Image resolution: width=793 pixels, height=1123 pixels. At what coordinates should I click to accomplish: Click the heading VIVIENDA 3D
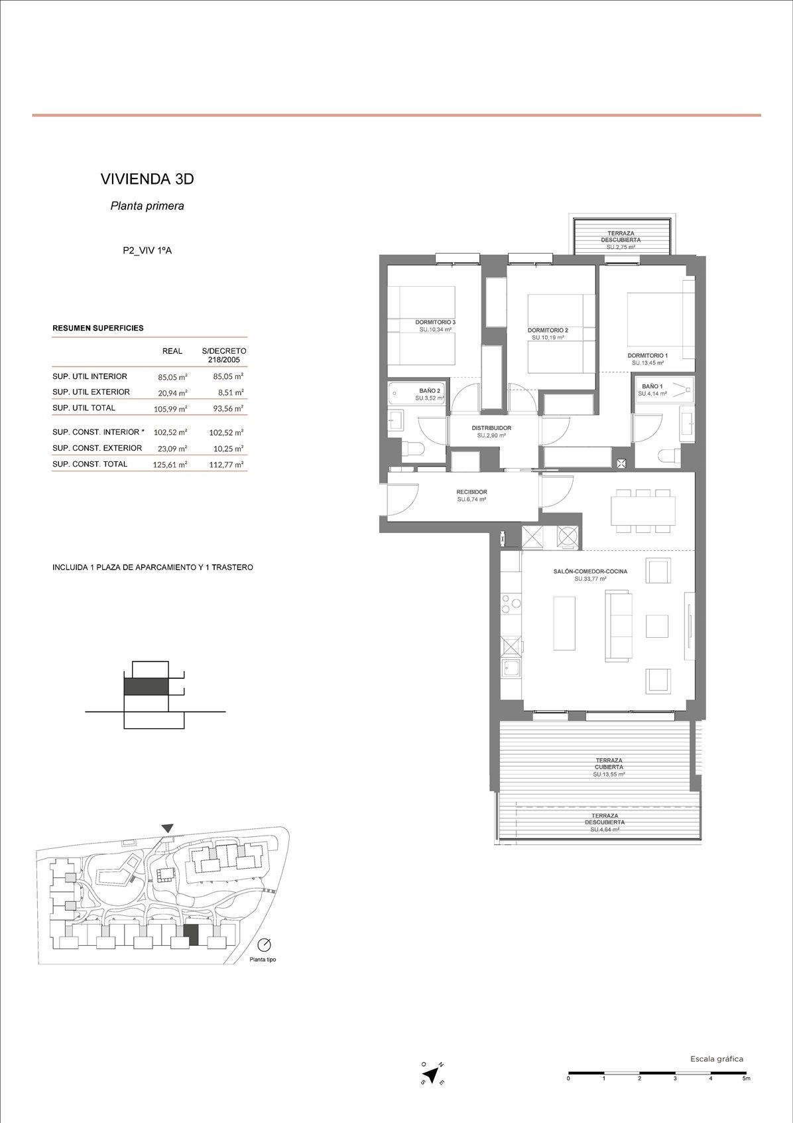pyautogui.click(x=147, y=179)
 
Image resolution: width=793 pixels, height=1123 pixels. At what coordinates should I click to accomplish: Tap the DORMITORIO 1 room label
pyautogui.click(x=647, y=356)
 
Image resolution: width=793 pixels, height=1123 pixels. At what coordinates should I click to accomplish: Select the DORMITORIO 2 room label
pyautogui.click(x=548, y=331)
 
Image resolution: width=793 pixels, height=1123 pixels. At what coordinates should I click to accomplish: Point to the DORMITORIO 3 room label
pyautogui.click(x=436, y=323)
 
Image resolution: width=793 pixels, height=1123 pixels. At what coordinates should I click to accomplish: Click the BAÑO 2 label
pyautogui.click(x=430, y=390)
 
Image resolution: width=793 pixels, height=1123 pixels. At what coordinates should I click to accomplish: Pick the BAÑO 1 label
pyautogui.click(x=652, y=386)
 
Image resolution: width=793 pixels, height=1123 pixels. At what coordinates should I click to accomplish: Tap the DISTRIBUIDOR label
pyautogui.click(x=491, y=428)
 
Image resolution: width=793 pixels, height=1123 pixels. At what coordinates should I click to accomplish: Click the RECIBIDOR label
pyautogui.click(x=471, y=492)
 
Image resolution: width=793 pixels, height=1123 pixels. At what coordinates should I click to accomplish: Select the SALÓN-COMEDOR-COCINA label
pyautogui.click(x=590, y=571)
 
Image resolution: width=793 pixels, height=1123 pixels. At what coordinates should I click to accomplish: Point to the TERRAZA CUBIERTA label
pyautogui.click(x=609, y=763)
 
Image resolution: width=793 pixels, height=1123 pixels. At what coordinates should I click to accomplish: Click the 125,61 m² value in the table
pyautogui.click(x=170, y=464)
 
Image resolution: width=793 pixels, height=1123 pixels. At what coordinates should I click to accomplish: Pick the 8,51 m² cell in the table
pyautogui.click(x=231, y=392)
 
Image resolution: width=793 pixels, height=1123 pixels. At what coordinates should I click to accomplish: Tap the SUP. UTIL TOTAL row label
pyautogui.click(x=84, y=408)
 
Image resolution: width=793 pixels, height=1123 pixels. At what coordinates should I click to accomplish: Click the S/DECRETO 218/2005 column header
pyautogui.click(x=224, y=356)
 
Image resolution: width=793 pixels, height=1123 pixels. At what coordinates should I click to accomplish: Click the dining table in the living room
pyautogui.click(x=641, y=510)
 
